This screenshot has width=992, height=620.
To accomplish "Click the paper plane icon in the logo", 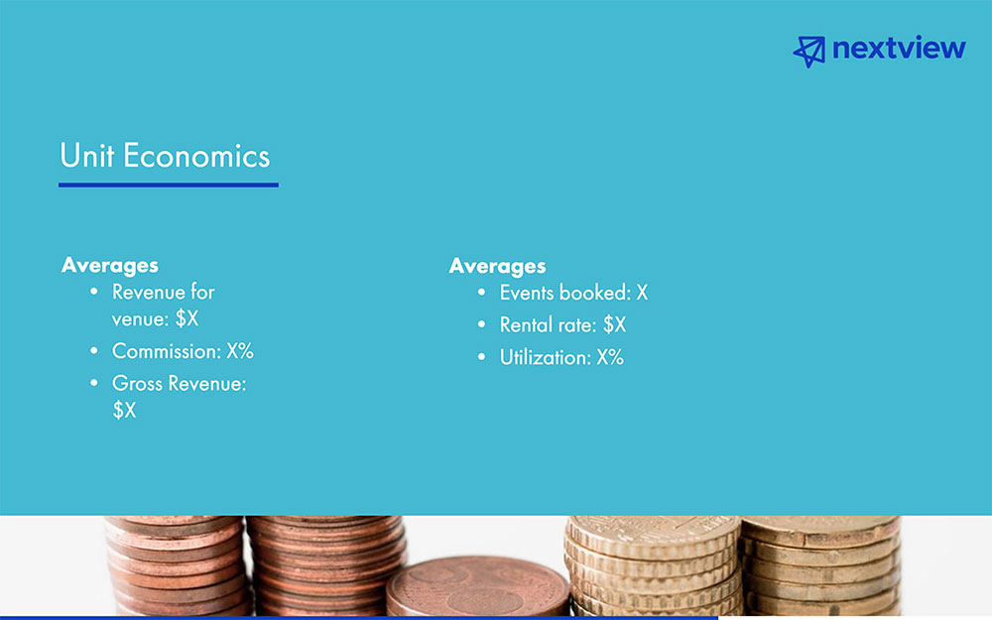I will click(809, 51).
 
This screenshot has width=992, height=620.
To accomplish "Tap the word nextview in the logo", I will click(899, 49).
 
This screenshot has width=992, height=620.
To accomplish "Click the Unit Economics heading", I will click(165, 156).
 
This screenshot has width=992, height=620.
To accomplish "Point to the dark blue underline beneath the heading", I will click(168, 184).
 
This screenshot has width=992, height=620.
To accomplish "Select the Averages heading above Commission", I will click(109, 265).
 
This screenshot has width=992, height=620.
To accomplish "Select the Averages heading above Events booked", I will click(497, 266).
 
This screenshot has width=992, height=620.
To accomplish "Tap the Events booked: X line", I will click(573, 293).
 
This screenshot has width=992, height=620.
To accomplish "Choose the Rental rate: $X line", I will click(562, 324).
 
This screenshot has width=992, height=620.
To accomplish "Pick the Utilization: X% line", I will click(561, 357).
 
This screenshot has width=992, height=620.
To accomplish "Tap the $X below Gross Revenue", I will click(124, 410).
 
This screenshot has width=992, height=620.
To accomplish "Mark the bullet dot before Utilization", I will click(481, 357).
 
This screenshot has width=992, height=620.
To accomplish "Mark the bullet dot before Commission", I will click(94, 351).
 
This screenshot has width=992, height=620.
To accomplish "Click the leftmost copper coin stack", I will click(175, 565).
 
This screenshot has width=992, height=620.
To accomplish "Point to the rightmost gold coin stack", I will click(819, 565).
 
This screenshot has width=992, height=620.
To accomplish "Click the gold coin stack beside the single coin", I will click(650, 565).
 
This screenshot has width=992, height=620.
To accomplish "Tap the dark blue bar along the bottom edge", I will click(357, 617).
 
